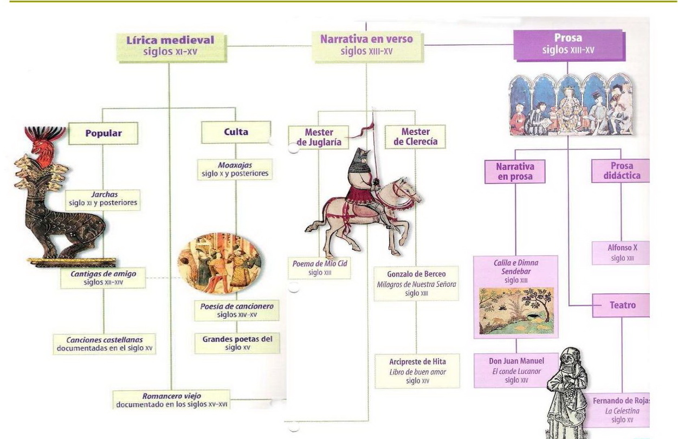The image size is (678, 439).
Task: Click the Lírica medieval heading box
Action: [170, 47]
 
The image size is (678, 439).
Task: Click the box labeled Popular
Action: [103, 133]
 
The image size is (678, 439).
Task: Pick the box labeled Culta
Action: [236, 132]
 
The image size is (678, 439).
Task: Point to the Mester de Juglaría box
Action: [319, 138]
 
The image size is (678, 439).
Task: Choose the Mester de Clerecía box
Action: [415, 137]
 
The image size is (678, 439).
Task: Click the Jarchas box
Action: [102, 199]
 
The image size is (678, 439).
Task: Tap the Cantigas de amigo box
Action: [103, 278]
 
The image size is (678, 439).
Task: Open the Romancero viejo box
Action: [171, 400]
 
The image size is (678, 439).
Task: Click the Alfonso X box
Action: [622, 253]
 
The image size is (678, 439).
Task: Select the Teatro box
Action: [622, 306]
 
